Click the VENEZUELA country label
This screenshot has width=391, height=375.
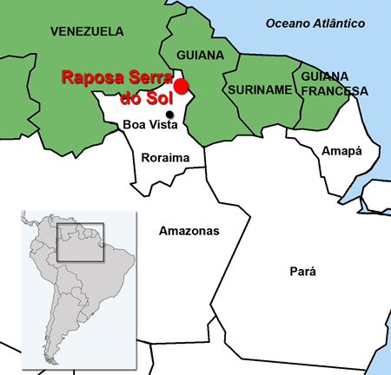click(87, 31)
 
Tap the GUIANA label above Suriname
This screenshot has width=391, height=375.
click(200, 56)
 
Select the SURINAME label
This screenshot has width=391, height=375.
click(259, 89)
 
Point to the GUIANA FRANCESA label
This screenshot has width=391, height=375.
click(334, 83)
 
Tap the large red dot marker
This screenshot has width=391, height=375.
click(181, 86)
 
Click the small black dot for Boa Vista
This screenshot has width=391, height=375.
click(170, 114)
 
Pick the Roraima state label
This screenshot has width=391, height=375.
click(165, 158)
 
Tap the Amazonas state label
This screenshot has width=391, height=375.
click(189, 231)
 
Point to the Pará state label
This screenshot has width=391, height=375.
click(302, 272)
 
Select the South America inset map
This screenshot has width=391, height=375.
click(78, 285)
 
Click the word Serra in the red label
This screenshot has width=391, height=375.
click(145, 77)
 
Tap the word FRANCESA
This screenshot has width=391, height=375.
click(334, 90)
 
